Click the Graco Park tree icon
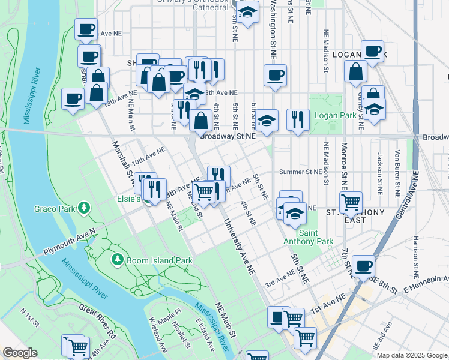85,208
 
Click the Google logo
20,353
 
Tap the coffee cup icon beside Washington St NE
276,76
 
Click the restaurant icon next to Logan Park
298,120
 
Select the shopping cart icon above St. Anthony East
351,202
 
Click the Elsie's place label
128,198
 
